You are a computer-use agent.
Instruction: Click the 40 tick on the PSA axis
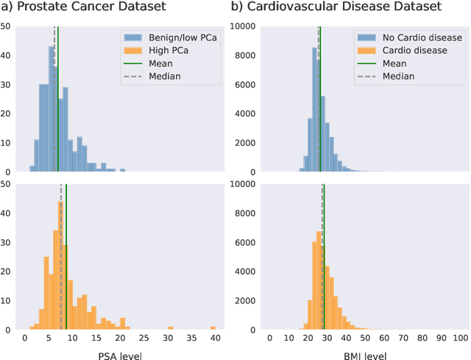(213, 337)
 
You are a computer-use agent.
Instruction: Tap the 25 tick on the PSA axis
(143, 337)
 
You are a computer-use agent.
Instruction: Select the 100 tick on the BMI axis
(459, 337)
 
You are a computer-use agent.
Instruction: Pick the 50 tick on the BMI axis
(364, 337)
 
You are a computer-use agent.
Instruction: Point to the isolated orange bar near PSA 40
(213, 328)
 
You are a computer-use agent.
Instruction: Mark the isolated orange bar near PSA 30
(170, 328)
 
